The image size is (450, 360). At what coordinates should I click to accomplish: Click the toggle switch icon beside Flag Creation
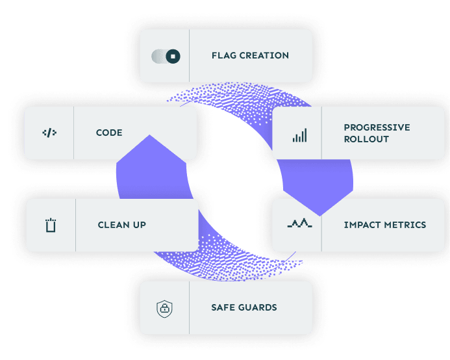(x=166, y=56)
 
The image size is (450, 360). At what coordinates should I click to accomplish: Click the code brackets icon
(x=49, y=133)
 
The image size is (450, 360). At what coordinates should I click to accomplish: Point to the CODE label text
(x=109, y=133)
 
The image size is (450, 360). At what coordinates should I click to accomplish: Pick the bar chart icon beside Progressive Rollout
(x=299, y=135)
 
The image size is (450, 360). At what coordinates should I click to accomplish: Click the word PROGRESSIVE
(x=377, y=127)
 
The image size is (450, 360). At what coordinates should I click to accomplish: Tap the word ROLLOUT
(x=366, y=139)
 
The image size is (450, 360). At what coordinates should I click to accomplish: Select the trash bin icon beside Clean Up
(x=51, y=225)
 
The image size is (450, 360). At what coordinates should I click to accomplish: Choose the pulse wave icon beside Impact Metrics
(x=299, y=224)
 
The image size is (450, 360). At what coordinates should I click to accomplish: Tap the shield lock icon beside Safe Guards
(x=165, y=308)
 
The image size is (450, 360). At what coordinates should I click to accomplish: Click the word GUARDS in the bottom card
(x=258, y=307)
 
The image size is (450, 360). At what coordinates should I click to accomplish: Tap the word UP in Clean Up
(x=140, y=225)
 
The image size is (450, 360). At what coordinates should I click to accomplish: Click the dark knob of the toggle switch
(x=173, y=56)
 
